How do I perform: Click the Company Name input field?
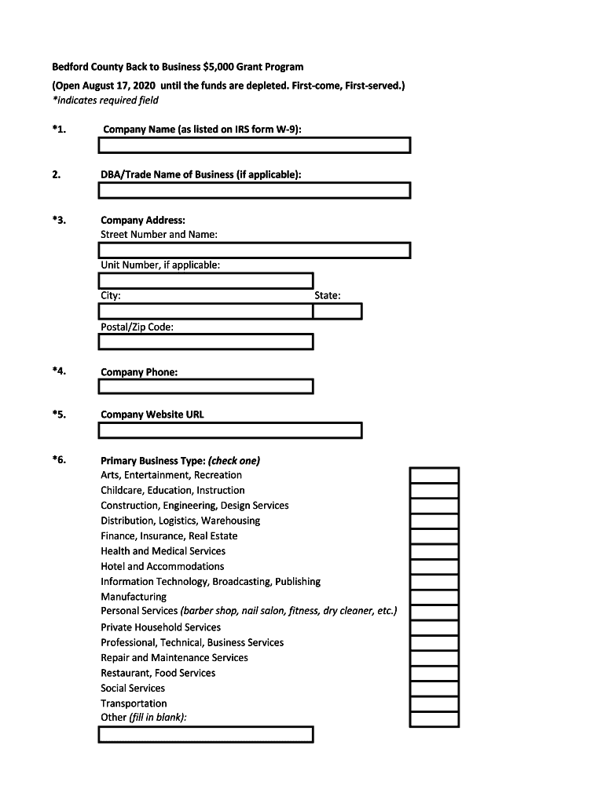tap(254, 145)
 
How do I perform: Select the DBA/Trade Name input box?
tap(254, 190)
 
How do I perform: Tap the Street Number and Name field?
tap(254, 250)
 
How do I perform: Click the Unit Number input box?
tap(206, 280)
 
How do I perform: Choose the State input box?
tap(337, 311)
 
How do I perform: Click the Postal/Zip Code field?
tap(206, 342)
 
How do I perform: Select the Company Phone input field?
tap(206, 386)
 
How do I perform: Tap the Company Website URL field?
tap(230, 430)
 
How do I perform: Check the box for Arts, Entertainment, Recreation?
tap(434, 475)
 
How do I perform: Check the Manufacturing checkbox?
tap(434, 597)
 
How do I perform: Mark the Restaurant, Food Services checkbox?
tap(434, 673)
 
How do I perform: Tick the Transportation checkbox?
tap(434, 703)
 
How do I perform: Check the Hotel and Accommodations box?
tap(434, 566)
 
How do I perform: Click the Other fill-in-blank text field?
tap(206, 734)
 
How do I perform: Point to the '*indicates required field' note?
tap(105, 100)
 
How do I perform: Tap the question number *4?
tap(59, 371)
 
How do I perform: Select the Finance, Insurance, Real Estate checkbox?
tap(434, 536)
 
